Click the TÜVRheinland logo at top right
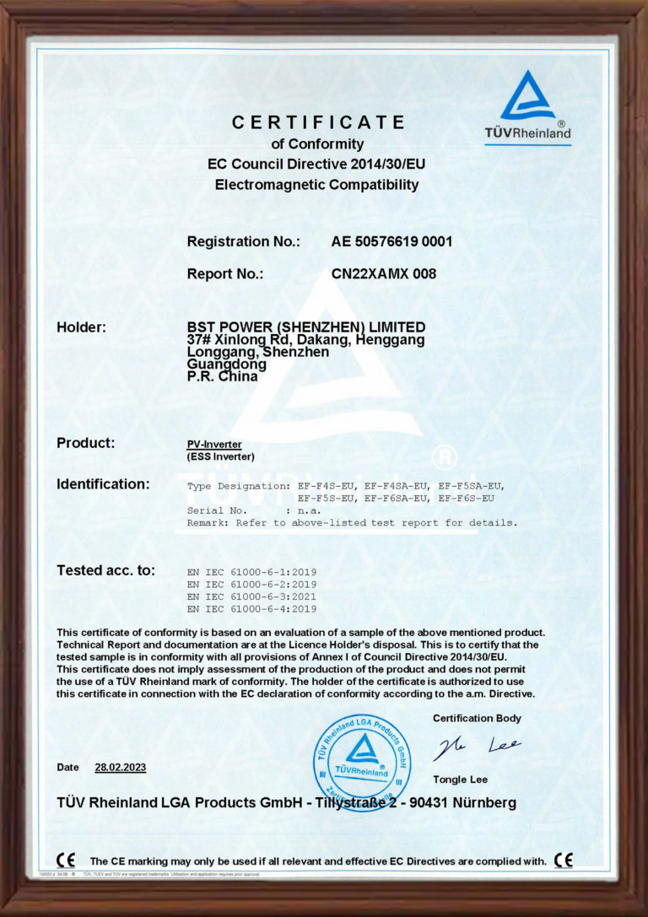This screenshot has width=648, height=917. [527, 106]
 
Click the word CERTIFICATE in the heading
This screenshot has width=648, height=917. [319, 122]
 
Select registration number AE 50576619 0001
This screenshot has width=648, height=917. [392, 241]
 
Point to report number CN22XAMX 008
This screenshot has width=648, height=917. [384, 273]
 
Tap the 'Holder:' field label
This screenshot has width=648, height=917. [81, 326]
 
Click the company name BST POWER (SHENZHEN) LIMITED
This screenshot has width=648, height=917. [305, 326]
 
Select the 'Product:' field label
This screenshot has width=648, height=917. [85, 443]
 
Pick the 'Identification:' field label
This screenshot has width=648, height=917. [103, 484]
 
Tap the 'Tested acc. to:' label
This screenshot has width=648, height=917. [105, 570]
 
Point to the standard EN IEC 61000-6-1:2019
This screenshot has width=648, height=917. [251, 572]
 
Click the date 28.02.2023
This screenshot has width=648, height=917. [120, 767]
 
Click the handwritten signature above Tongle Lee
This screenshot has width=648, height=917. [477, 747]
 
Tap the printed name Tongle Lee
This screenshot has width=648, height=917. [460, 779]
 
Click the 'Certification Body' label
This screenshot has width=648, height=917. [477, 719]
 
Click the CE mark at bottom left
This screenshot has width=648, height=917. [65, 860]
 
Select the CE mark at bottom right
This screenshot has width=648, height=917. [564, 860]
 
